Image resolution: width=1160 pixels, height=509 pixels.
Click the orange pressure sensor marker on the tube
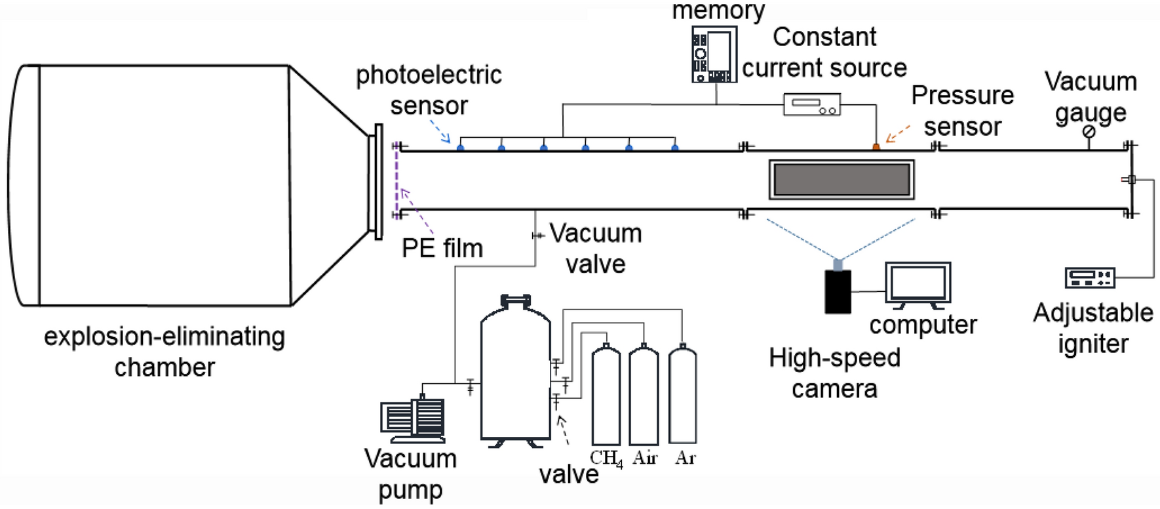coord(876,147)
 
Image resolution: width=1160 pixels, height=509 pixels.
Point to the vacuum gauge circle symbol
coord(1089,132)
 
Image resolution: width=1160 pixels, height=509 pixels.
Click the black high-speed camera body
coord(838,291)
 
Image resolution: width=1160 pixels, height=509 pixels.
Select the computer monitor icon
coord(918,284)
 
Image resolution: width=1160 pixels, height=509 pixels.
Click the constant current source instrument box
coord(812,105)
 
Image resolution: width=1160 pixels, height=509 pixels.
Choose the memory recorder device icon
coord(714,54)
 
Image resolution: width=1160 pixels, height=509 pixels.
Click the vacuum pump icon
coord(413,420)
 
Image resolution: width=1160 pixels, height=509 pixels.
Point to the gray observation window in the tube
coord(841,180)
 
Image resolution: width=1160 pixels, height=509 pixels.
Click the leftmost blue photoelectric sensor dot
coord(461,148)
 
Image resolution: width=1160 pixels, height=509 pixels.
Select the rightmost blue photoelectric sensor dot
coord(675,148)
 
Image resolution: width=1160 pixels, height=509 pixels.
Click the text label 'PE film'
coord(442,249)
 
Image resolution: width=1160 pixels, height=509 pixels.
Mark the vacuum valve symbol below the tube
coord(537,235)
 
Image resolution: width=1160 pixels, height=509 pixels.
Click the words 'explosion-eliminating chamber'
coord(164,352)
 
